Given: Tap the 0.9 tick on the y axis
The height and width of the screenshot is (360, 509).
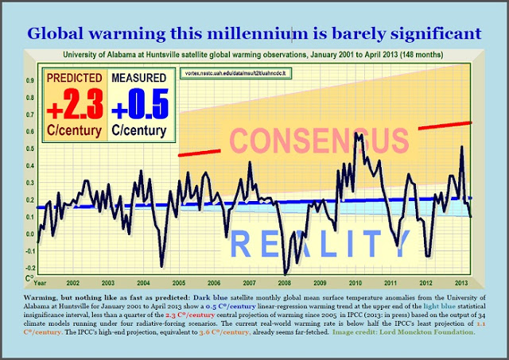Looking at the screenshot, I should pos(31,80).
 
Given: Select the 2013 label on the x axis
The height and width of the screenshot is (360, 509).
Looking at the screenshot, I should pos(461,283).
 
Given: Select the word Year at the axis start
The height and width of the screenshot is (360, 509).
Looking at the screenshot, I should pos(39,283).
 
